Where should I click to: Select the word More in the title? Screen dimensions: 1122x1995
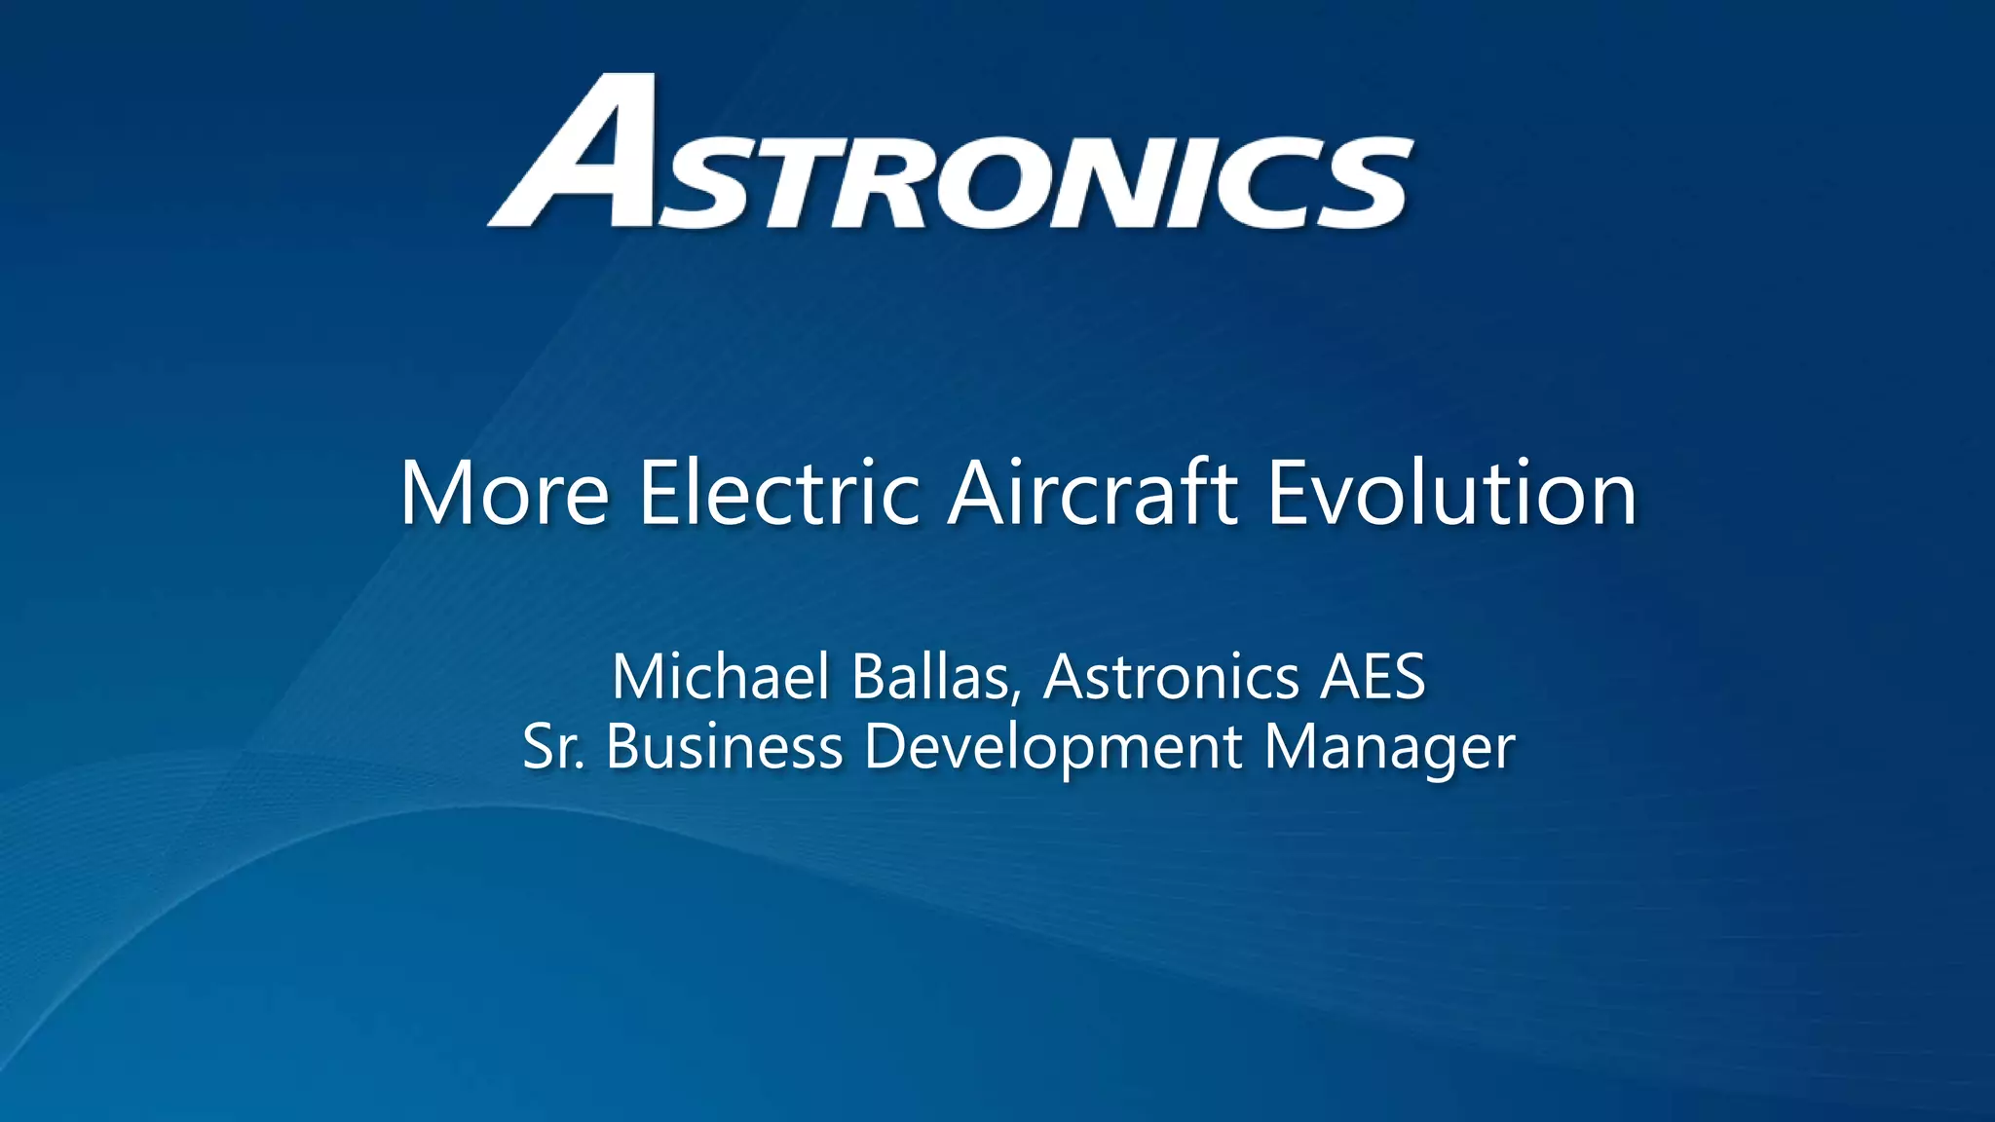tap(505, 494)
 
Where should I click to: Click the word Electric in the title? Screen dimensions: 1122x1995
tap(779, 494)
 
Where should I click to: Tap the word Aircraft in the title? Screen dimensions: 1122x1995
tap(1093, 494)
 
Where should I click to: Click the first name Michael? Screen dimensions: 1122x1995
tap(721, 677)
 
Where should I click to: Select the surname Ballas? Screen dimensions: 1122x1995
tap(930, 677)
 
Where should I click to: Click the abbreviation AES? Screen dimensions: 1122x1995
tap(1374, 677)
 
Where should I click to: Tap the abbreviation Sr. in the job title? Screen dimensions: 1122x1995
tap(553, 748)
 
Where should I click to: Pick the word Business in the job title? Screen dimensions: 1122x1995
tap(724, 748)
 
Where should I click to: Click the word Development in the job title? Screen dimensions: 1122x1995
tap(1053, 748)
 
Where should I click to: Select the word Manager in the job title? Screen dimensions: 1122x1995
tap(1389, 748)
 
